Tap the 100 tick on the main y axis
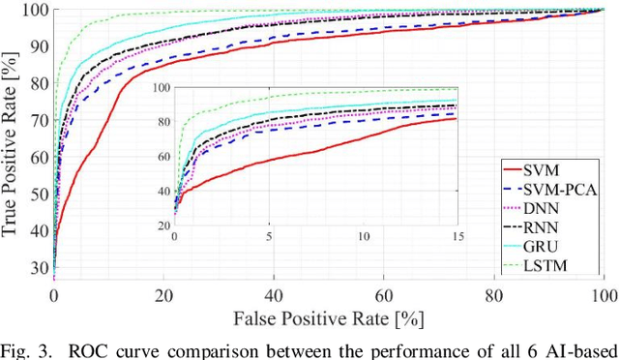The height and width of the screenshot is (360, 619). [35, 10]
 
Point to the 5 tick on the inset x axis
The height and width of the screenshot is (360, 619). [270, 237]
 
